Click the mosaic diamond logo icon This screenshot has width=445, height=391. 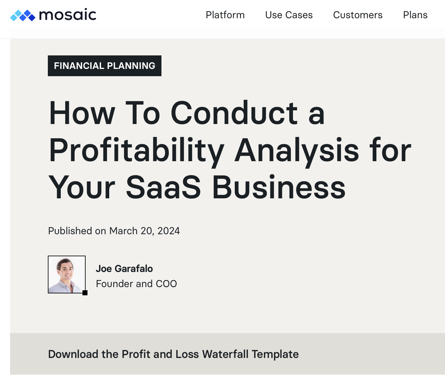tap(23, 15)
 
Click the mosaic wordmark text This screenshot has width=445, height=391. tap(68, 15)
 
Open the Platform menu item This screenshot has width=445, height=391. tap(225, 15)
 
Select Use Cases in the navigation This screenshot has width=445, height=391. tap(289, 15)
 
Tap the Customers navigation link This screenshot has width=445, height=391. tap(358, 15)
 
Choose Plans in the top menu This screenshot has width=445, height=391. tap(415, 15)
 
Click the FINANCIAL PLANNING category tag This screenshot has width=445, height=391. tap(104, 66)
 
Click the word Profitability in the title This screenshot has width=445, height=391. tap(137, 151)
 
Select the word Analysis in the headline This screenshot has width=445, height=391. tap(297, 151)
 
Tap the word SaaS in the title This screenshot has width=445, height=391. tap(163, 187)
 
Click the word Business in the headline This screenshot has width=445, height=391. tap(279, 187)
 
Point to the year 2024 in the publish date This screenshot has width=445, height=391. tap(169, 231)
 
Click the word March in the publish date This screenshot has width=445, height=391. tap(123, 231)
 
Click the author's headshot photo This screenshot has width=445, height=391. tap(66, 274)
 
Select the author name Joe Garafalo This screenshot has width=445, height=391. tap(124, 269)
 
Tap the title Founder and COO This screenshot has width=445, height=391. tap(136, 284)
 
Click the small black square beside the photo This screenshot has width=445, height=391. tap(85, 293)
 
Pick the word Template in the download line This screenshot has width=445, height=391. tap(275, 354)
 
